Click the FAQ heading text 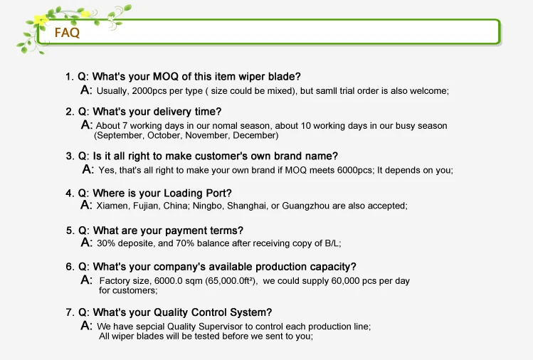(x=67, y=33)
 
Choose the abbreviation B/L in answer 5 (x=333, y=243)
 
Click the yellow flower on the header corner (x=41, y=20)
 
